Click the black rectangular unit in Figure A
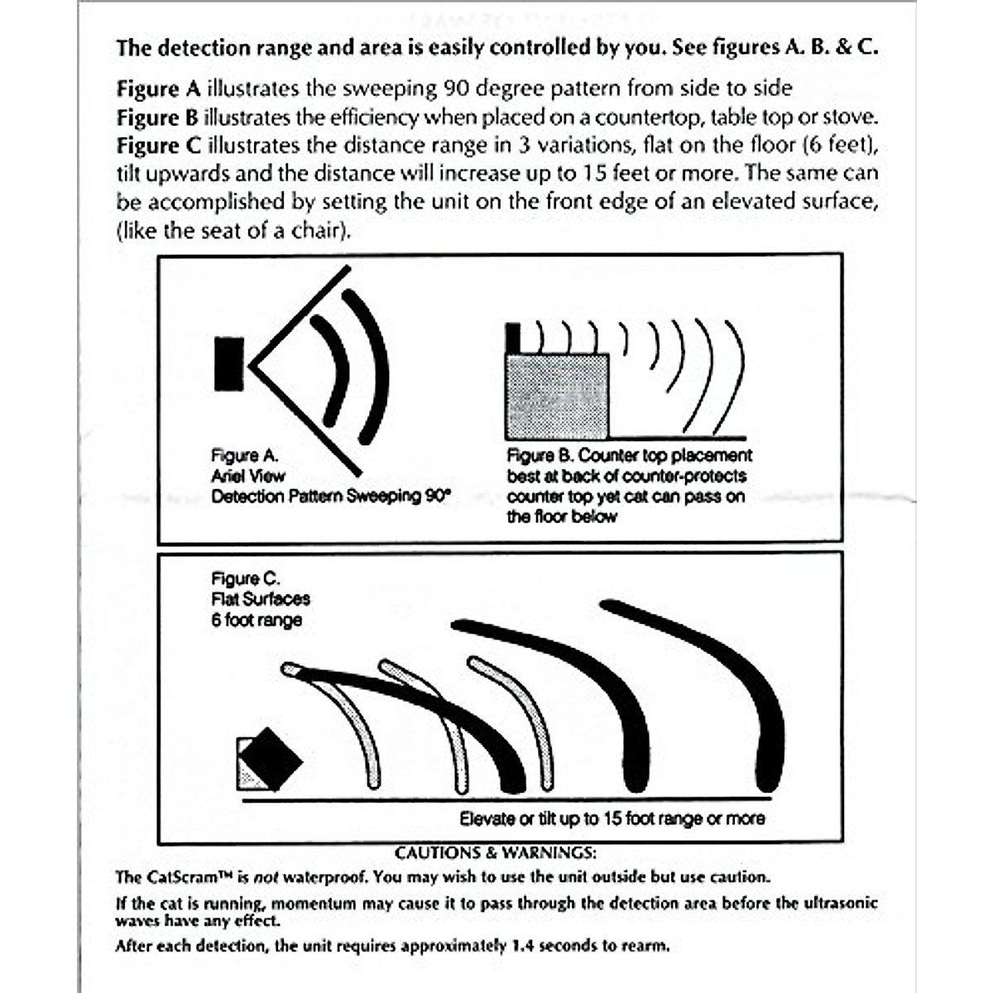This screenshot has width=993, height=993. click(229, 364)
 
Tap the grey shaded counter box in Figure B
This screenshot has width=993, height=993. click(557, 396)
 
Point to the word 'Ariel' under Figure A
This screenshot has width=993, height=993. click(224, 476)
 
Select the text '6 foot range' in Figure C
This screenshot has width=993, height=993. click(257, 620)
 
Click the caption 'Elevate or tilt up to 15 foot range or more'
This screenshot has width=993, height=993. click(612, 818)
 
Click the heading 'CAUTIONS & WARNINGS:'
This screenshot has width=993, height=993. click(495, 852)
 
